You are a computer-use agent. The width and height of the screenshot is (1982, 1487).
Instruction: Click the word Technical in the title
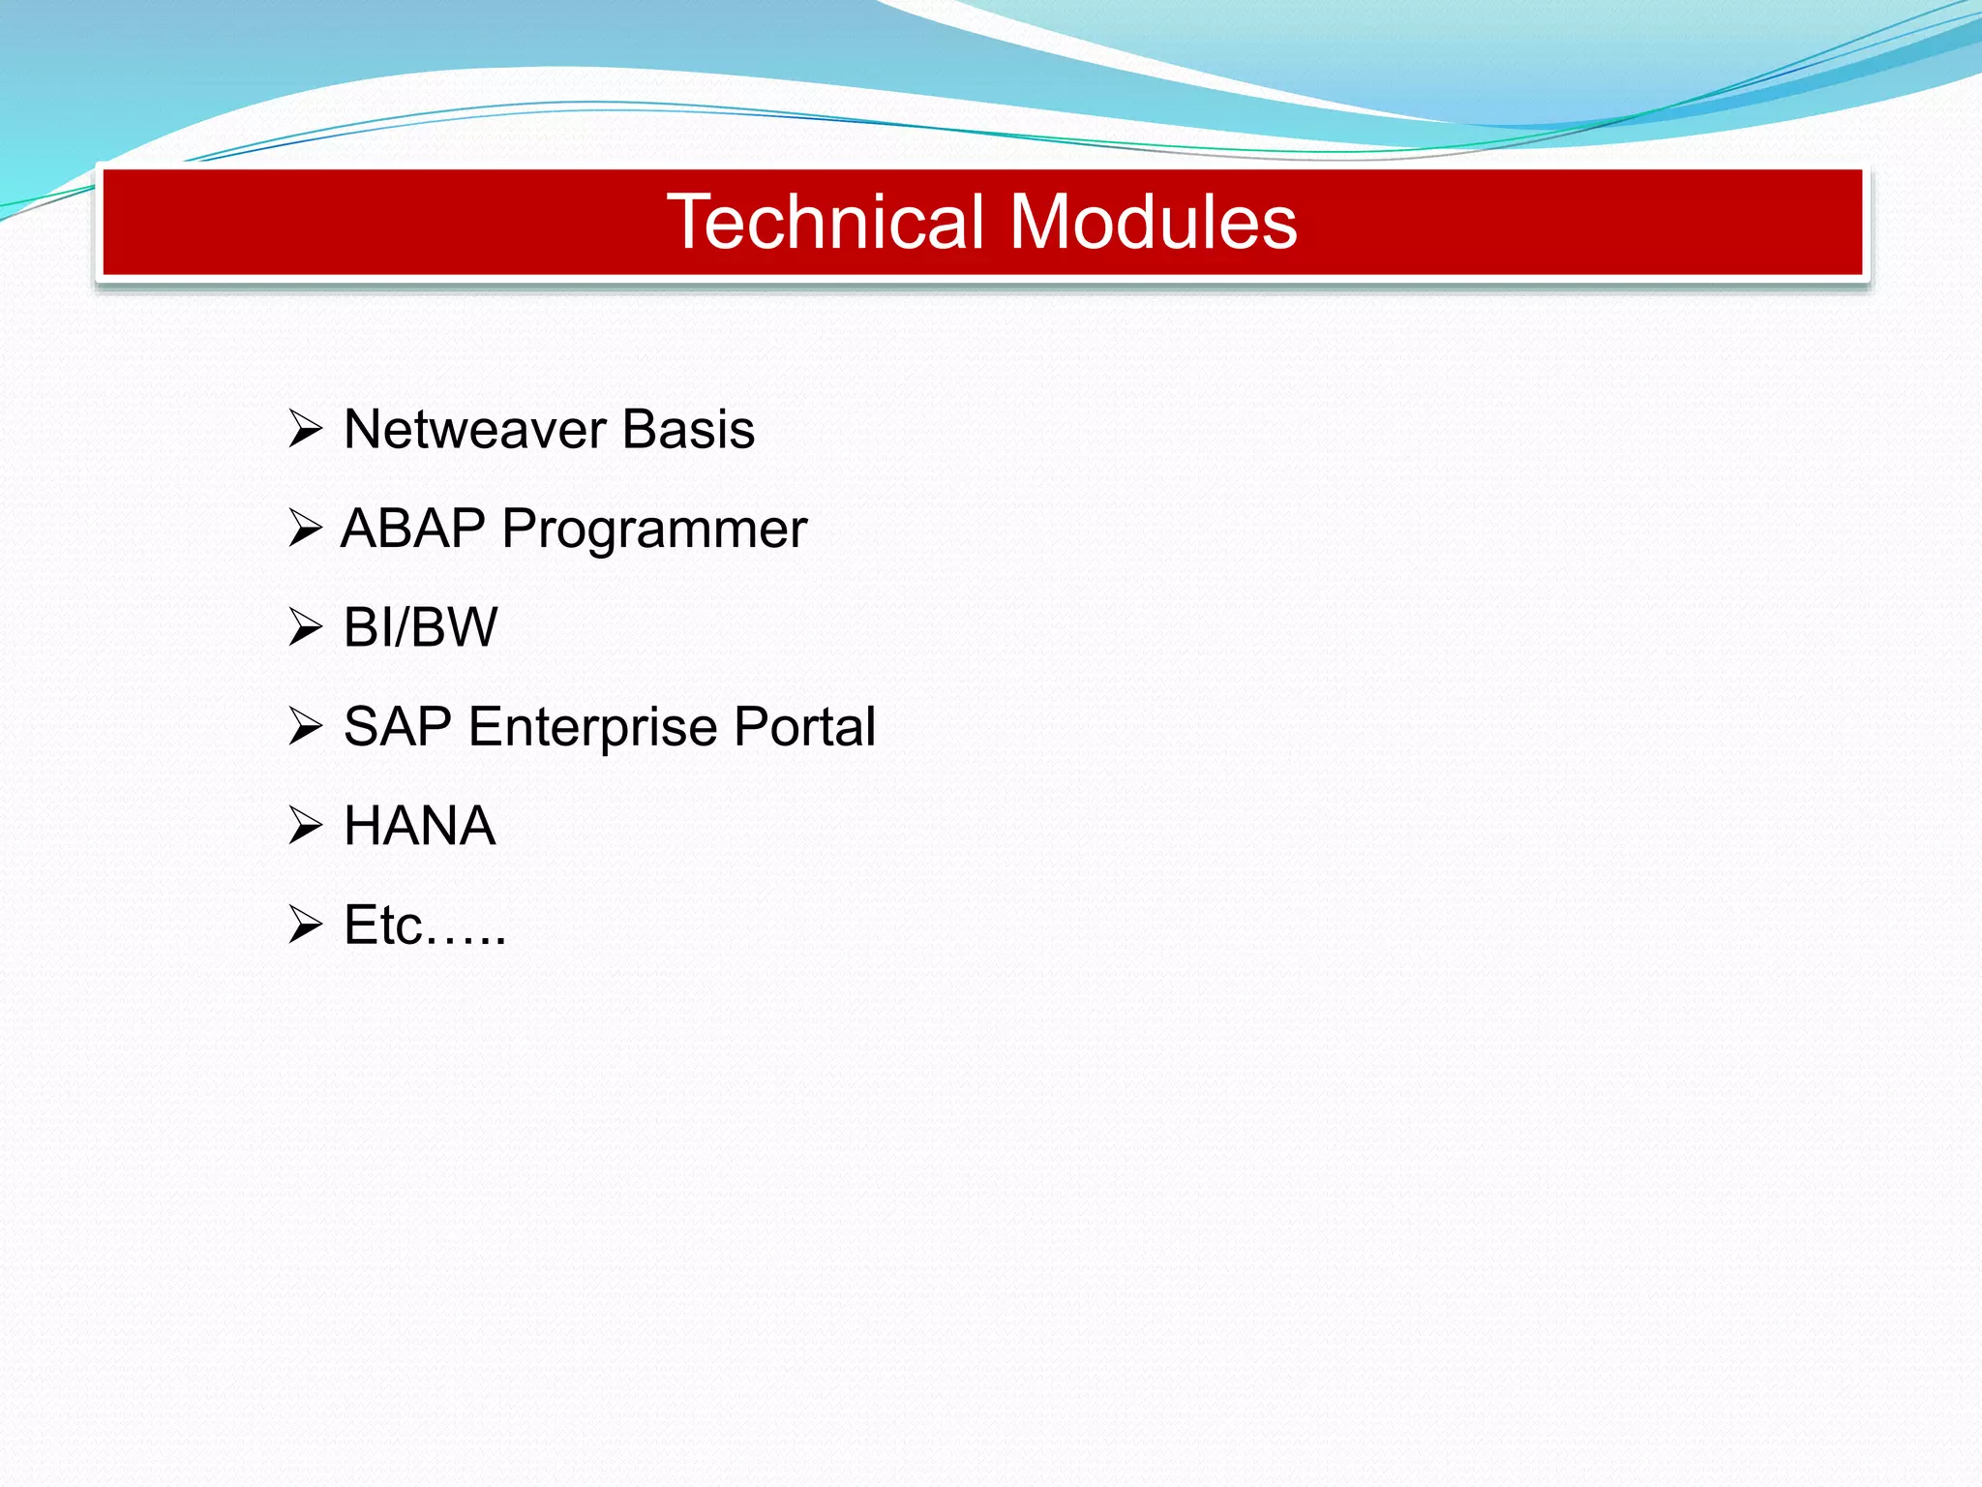[826, 222]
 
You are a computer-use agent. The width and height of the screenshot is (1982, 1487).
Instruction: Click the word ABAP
[413, 529]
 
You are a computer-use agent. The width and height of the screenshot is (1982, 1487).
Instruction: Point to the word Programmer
[654, 531]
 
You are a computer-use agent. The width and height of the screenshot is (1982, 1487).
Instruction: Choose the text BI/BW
[420, 627]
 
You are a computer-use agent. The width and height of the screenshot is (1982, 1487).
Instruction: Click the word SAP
[398, 727]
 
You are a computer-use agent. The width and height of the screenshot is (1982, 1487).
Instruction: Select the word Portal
[804, 727]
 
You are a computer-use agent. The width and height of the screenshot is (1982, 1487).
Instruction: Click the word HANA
[420, 826]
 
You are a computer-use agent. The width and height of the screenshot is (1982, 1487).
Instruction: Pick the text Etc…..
[425, 926]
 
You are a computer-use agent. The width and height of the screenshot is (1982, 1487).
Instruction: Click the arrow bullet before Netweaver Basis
[305, 429]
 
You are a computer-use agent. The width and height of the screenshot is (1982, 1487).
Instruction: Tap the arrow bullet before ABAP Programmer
[305, 529]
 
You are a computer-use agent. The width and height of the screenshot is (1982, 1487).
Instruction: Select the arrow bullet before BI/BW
[305, 627]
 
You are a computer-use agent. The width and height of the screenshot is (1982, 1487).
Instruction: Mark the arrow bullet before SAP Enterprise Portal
[305, 727]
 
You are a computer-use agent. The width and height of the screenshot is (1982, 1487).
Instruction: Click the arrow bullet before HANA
[305, 826]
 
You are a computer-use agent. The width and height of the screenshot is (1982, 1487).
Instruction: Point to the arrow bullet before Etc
[305, 926]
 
